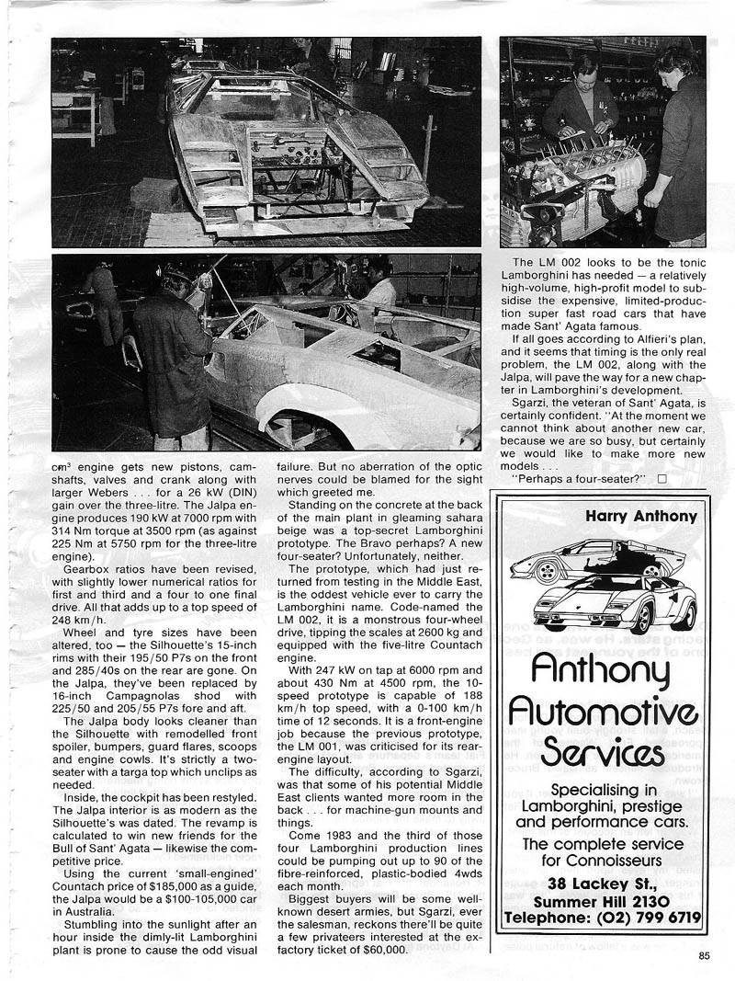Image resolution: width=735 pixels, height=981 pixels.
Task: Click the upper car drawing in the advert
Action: click(597, 558)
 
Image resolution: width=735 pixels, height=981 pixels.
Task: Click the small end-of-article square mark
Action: click(662, 478)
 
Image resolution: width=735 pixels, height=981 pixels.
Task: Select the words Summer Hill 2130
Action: click(603, 900)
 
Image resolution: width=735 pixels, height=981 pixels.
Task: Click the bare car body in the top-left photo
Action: click(294, 147)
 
